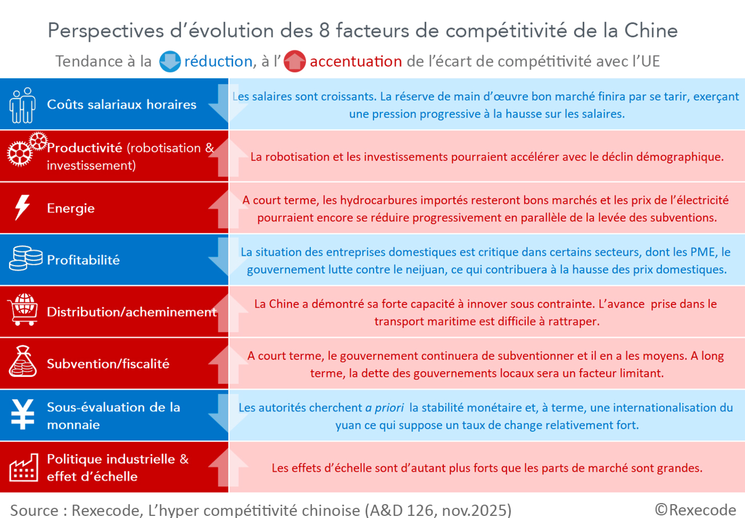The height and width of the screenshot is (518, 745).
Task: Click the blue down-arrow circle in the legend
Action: click(x=170, y=62)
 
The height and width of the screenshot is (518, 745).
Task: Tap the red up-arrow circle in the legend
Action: click(x=294, y=62)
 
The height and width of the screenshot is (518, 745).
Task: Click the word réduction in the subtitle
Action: click(x=218, y=62)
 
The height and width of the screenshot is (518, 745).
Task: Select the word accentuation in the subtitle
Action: click(x=356, y=62)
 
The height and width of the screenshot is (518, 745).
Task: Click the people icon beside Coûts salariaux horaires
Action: click(x=22, y=105)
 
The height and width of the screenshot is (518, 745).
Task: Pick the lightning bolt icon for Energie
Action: click(x=22, y=208)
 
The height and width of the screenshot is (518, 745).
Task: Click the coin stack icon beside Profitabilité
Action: click(x=25, y=258)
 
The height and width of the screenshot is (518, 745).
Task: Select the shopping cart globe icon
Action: click(x=23, y=309)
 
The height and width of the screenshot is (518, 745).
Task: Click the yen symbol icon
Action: click(x=23, y=415)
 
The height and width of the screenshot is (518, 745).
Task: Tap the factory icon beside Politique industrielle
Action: click(x=24, y=468)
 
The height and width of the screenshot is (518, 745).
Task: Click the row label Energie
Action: click(x=71, y=209)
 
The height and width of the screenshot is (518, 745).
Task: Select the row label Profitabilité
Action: click(x=83, y=260)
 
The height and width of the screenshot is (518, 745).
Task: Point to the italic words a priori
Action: click(x=384, y=408)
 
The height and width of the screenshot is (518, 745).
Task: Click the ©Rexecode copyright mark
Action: click(x=695, y=509)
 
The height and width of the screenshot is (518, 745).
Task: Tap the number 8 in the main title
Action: click(x=324, y=31)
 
